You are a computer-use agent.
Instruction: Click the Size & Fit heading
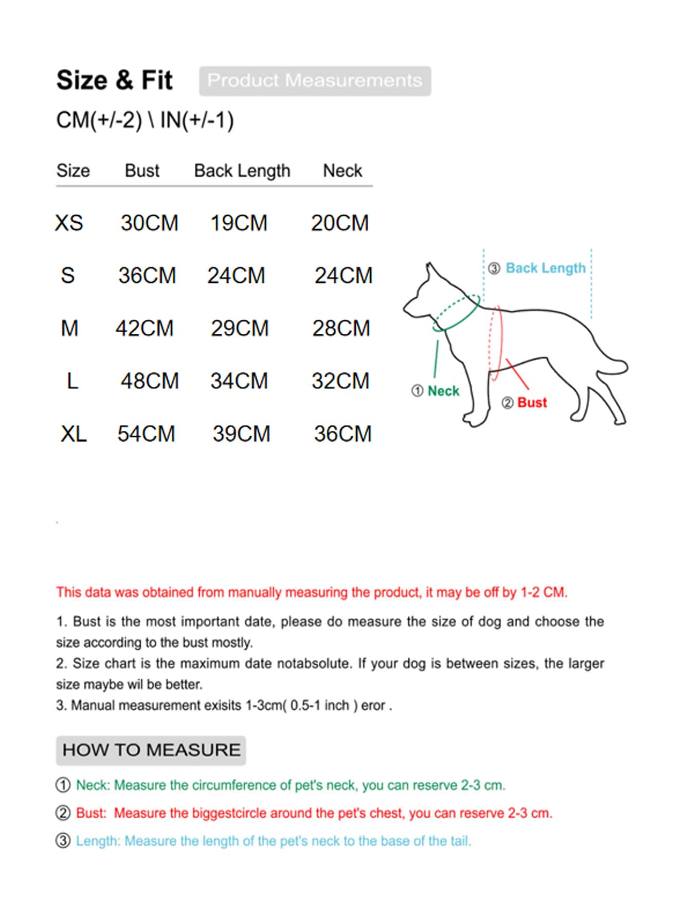click(114, 80)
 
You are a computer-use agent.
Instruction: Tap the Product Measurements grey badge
click(315, 81)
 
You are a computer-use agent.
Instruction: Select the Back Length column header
click(242, 171)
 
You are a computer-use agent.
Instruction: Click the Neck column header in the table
click(342, 171)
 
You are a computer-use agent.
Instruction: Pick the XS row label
click(69, 223)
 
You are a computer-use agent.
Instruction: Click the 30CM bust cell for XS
click(149, 223)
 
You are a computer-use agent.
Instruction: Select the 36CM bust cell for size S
click(147, 276)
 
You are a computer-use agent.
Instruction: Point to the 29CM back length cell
click(240, 328)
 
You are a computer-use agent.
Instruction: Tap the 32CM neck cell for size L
click(340, 381)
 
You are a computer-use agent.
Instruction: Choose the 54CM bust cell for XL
click(146, 434)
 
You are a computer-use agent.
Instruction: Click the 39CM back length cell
click(241, 434)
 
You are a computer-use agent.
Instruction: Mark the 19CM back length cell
click(239, 223)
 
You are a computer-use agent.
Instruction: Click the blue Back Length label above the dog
click(545, 268)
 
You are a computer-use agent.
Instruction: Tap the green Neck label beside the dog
click(443, 391)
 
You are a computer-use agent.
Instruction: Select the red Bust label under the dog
click(532, 403)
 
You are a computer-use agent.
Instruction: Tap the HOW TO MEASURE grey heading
click(151, 750)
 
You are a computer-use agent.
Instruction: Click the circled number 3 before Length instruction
click(63, 841)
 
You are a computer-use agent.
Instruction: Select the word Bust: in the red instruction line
click(91, 813)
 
